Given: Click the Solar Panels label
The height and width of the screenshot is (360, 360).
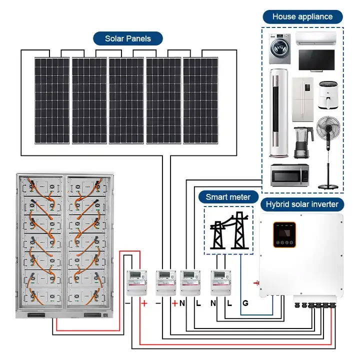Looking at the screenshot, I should [127, 38].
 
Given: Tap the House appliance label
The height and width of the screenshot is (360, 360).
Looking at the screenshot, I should [302, 16].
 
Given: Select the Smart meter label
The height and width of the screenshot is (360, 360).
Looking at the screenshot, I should [228, 197].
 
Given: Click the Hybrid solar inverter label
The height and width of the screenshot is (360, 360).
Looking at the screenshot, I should [301, 204].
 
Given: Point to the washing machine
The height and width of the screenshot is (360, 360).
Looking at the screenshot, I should [280, 50].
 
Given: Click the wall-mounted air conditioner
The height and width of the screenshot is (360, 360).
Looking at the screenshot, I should [316, 39].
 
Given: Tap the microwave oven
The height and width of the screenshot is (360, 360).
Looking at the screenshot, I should [289, 175].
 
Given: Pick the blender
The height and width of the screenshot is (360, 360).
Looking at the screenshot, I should [300, 143].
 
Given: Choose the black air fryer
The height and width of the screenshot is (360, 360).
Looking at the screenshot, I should [328, 95].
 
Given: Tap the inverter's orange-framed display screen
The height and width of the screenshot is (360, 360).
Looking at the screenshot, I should [284, 234].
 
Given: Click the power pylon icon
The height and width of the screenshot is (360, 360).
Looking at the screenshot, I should [228, 230].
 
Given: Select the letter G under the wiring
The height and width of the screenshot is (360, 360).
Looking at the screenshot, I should [245, 303].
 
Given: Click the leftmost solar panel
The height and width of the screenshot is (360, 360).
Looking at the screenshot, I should [52, 100].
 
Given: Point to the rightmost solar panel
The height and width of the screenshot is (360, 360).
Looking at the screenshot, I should [200, 100].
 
